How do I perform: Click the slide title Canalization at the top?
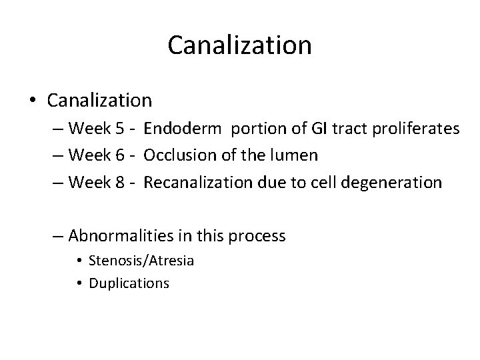click(239, 45)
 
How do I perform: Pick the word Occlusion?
click(175, 155)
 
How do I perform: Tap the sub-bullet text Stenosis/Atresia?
click(142, 261)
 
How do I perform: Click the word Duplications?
click(129, 283)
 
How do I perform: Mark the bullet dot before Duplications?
click(80, 283)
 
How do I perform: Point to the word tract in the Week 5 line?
click(336, 129)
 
